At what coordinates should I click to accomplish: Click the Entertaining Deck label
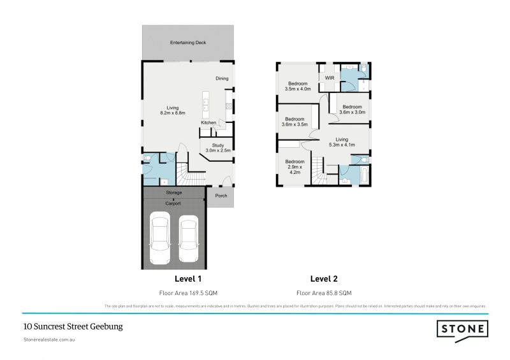(187, 43)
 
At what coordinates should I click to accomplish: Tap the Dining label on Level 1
(221, 79)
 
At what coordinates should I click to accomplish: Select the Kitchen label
(208, 122)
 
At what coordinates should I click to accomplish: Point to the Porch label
(221, 196)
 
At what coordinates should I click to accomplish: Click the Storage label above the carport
(174, 192)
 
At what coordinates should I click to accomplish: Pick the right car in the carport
(188, 240)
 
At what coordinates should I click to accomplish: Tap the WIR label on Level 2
(330, 78)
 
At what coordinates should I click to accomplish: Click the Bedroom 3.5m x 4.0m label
(298, 87)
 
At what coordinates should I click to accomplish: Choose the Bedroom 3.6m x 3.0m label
(351, 110)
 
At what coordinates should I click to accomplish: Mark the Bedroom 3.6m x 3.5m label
(295, 122)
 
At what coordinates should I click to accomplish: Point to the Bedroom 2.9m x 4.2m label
(295, 166)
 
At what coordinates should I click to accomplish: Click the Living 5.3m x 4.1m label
(342, 142)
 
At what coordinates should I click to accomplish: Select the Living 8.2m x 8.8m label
(173, 110)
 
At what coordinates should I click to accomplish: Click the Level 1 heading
(187, 278)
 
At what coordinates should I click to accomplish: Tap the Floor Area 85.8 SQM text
(324, 293)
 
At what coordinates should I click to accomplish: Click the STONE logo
(462, 329)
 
